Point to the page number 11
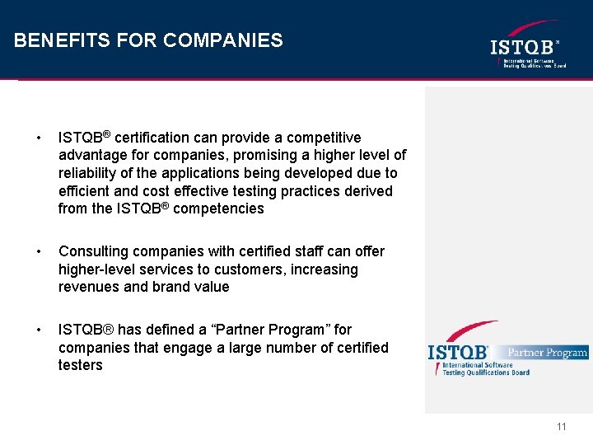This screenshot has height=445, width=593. (x=562, y=426)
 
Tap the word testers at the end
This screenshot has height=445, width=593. (x=81, y=366)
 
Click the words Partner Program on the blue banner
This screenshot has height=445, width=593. (x=547, y=353)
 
